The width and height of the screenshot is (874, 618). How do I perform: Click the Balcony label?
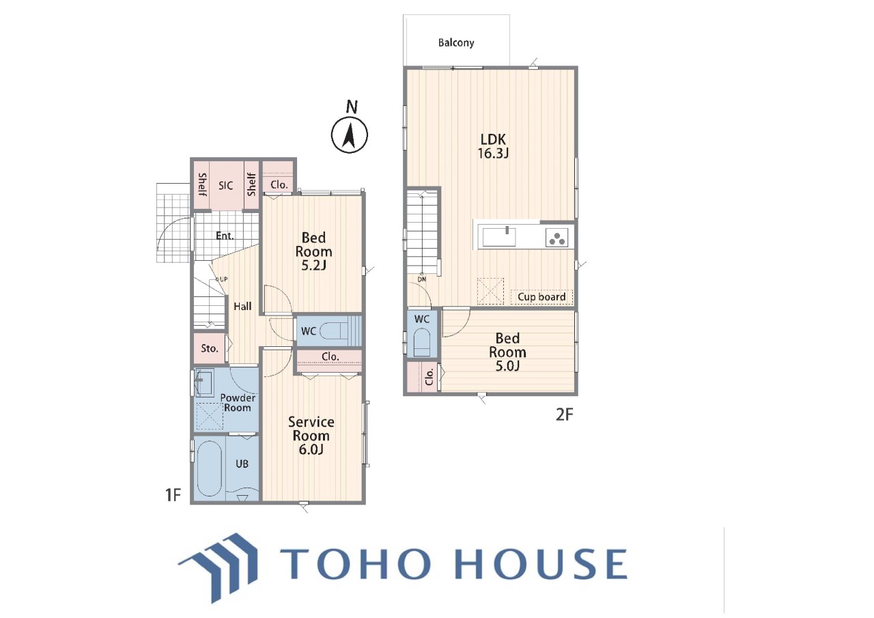click(455, 42)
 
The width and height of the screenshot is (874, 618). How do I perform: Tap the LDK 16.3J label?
click(493, 146)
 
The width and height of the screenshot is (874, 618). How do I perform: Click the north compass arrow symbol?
click(349, 135)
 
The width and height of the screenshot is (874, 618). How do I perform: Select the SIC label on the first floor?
click(226, 186)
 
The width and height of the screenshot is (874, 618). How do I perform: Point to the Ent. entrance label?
click(225, 236)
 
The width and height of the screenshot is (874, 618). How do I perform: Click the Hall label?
click(242, 307)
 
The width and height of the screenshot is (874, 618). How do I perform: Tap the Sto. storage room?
click(210, 348)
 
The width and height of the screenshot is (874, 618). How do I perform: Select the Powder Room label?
click(238, 403)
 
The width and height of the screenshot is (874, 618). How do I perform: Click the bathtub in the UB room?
click(210, 468)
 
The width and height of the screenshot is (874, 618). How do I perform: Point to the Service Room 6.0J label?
click(311, 436)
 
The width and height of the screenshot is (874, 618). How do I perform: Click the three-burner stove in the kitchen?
click(556, 238)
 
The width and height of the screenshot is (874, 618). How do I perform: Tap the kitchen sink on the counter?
click(499, 237)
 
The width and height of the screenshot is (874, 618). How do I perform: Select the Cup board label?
click(541, 297)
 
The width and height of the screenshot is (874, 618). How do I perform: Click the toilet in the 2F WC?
click(422, 342)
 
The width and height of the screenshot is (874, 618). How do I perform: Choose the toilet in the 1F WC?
click(334, 332)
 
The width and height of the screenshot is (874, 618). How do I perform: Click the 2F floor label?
click(564, 415)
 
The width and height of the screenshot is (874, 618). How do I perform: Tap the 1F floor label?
click(173, 495)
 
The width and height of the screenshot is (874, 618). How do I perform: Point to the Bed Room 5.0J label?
click(507, 352)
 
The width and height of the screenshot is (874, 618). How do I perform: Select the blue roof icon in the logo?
click(218, 565)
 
